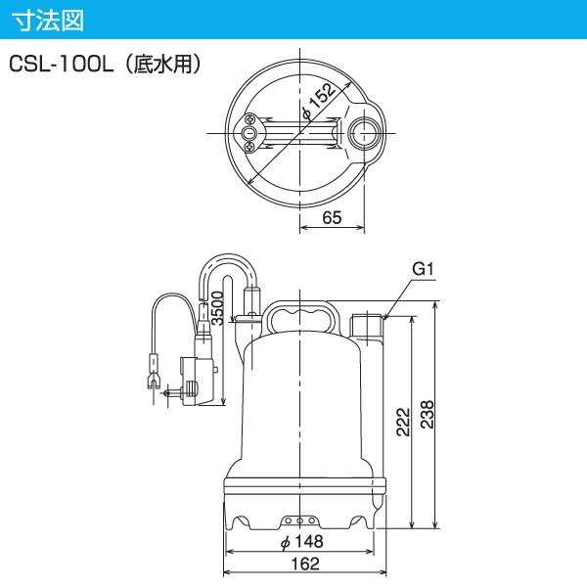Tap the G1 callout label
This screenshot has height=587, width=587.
click(423, 268)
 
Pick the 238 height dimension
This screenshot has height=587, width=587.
click(429, 418)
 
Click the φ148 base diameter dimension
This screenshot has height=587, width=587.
click(301, 542)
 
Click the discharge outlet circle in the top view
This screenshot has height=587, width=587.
click(364, 133)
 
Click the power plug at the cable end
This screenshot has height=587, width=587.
click(153, 377)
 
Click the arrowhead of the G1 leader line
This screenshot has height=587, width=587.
click(386, 318)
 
